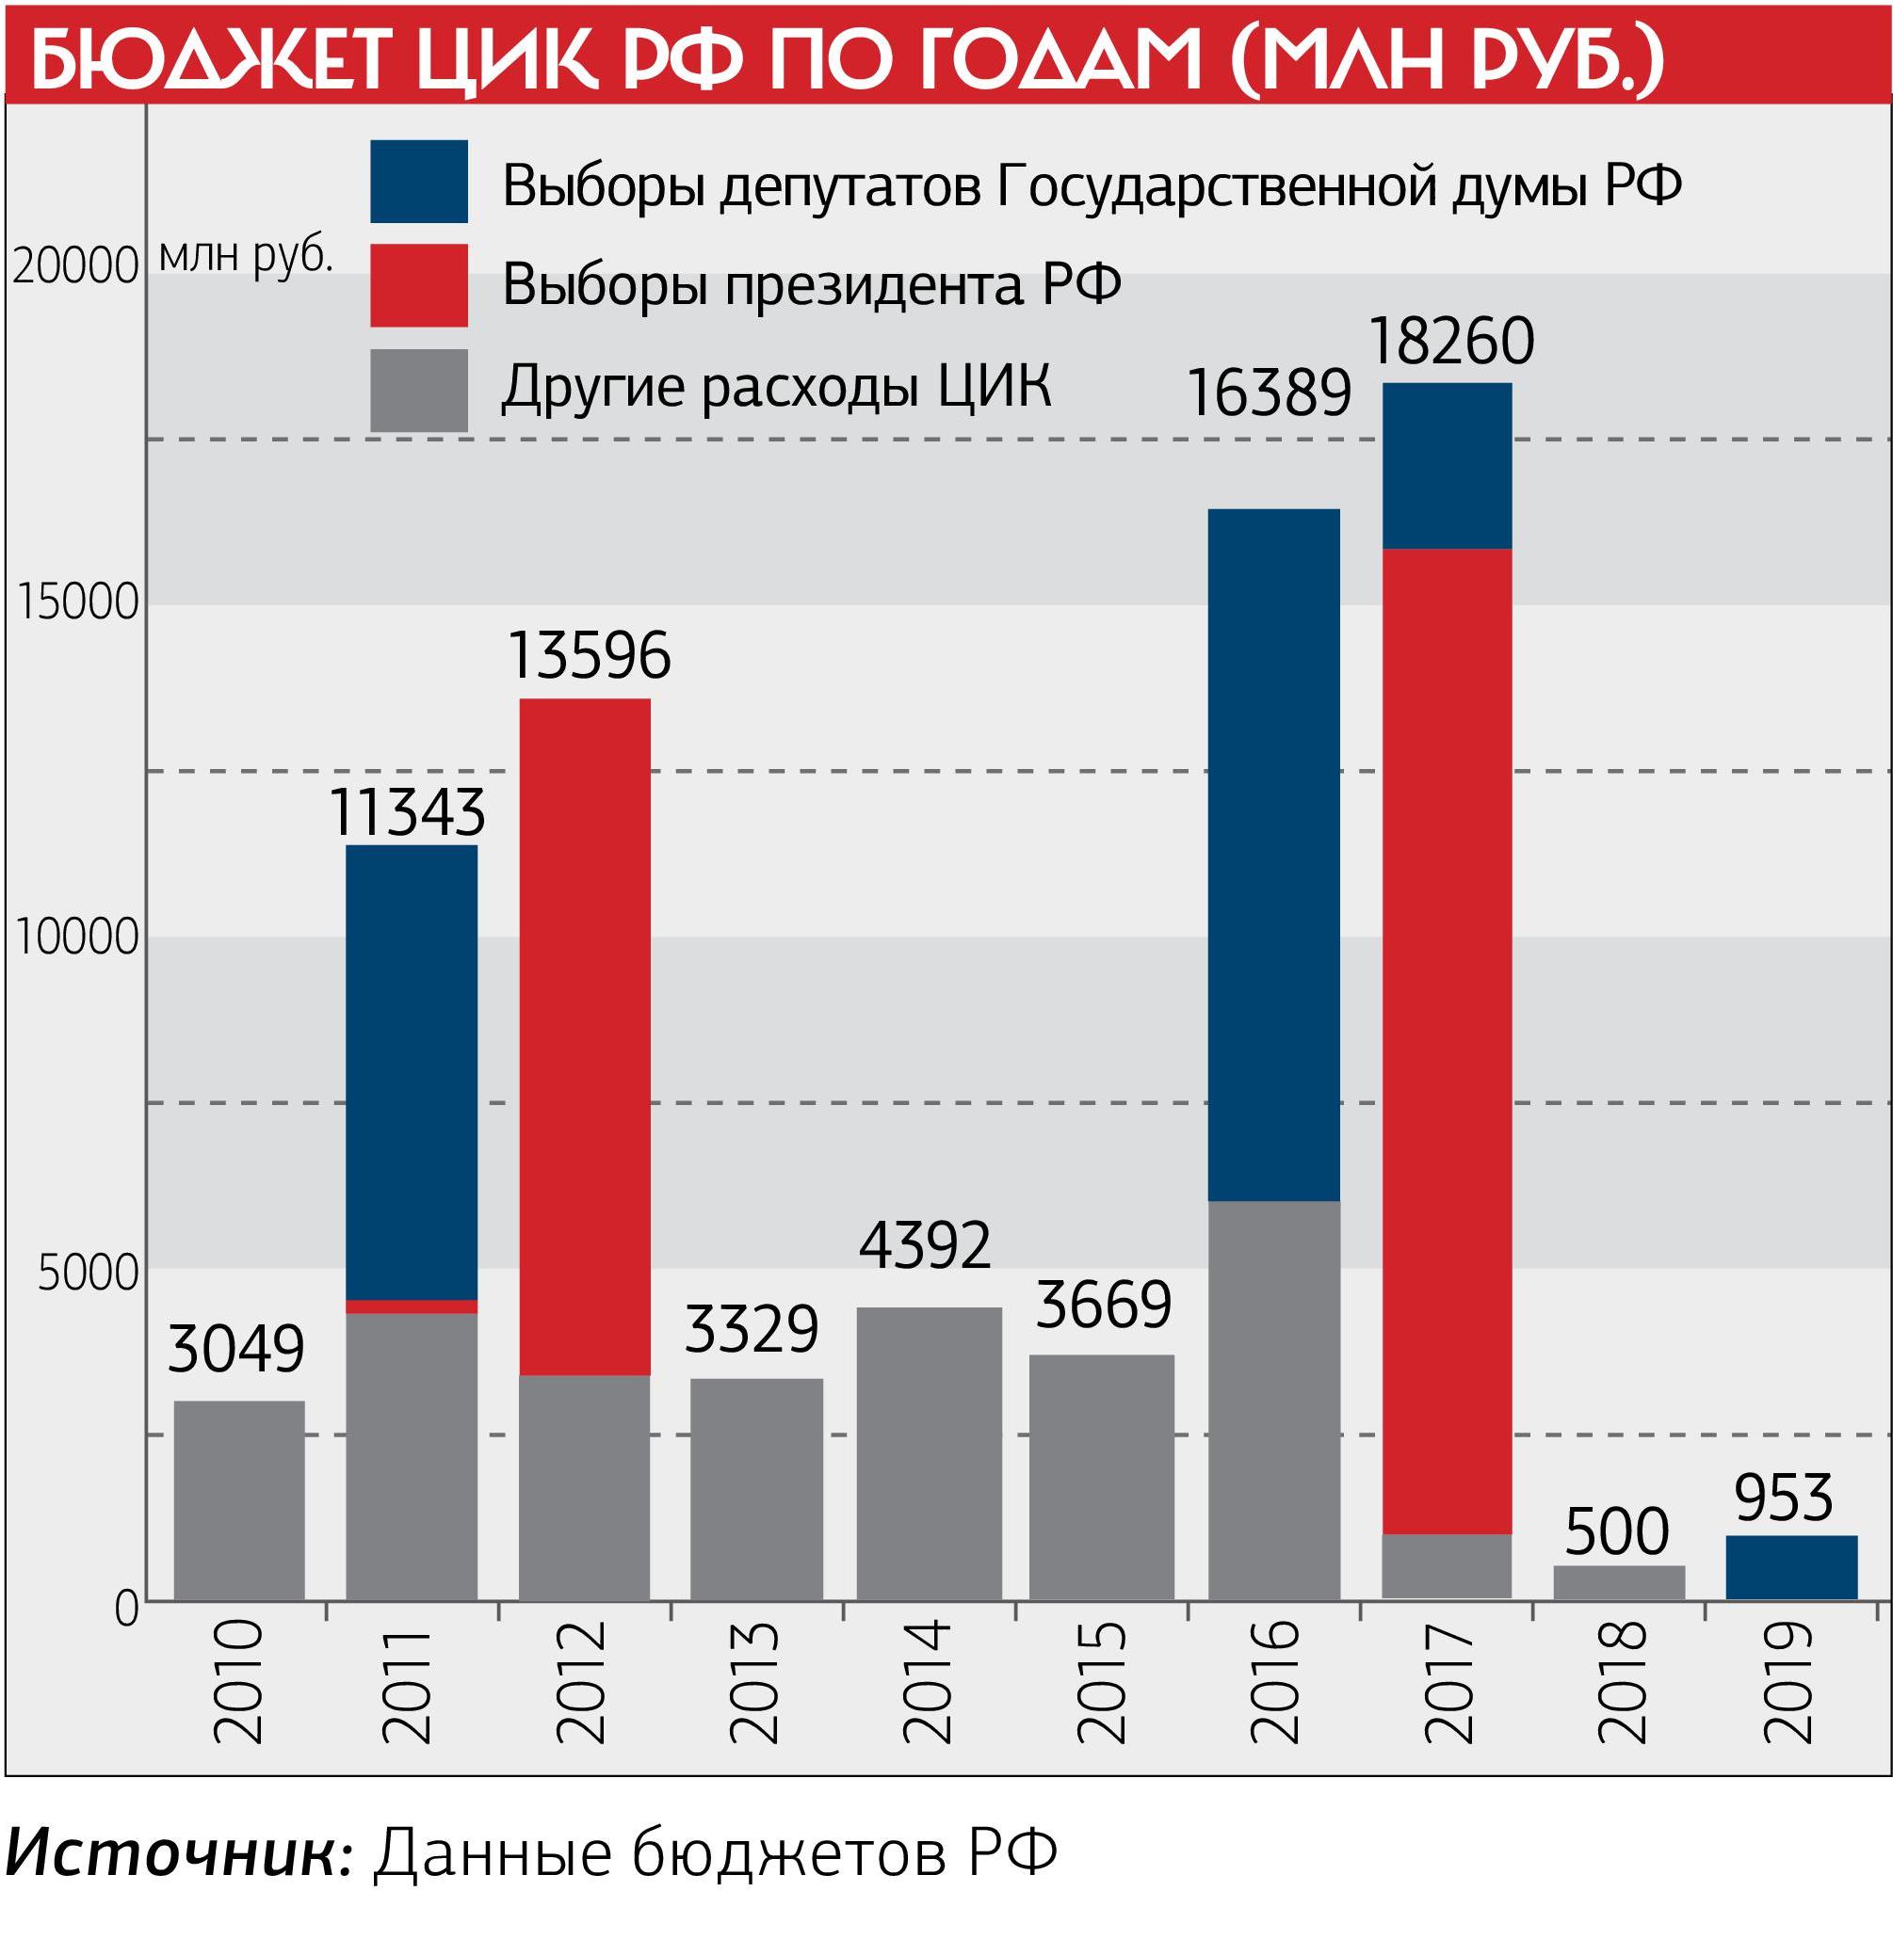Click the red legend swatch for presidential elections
(x=418, y=285)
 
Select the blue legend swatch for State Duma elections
(x=418, y=181)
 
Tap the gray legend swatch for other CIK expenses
(x=418, y=390)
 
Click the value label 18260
(x=1450, y=342)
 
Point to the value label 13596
(x=589, y=656)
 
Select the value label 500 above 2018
(x=1617, y=1531)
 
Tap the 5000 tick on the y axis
(x=88, y=1274)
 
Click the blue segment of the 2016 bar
(x=1273, y=855)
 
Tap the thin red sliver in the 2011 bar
(x=411, y=1306)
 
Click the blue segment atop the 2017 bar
(x=1447, y=465)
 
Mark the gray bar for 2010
(x=238, y=1499)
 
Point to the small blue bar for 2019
(x=1790, y=1567)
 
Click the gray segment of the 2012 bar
(x=585, y=1487)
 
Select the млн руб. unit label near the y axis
(x=245, y=256)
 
